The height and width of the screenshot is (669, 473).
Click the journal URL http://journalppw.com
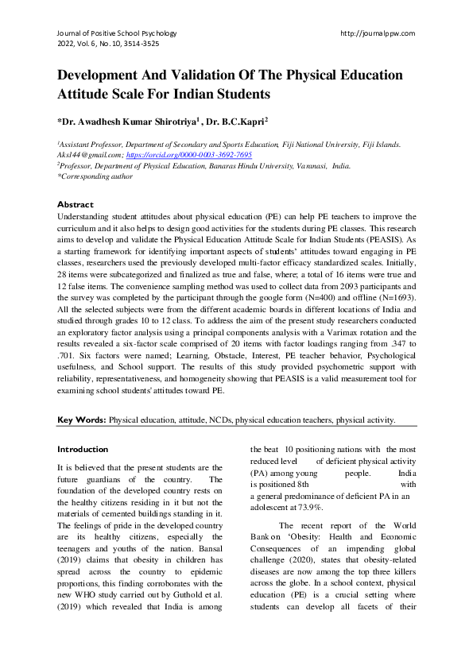pos(378,34)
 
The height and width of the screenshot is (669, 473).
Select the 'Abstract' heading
pos(76,204)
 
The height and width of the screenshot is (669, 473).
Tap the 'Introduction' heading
pos(83,449)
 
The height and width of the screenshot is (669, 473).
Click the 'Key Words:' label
pos(82,419)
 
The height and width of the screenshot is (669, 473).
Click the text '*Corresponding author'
pos(90,177)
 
